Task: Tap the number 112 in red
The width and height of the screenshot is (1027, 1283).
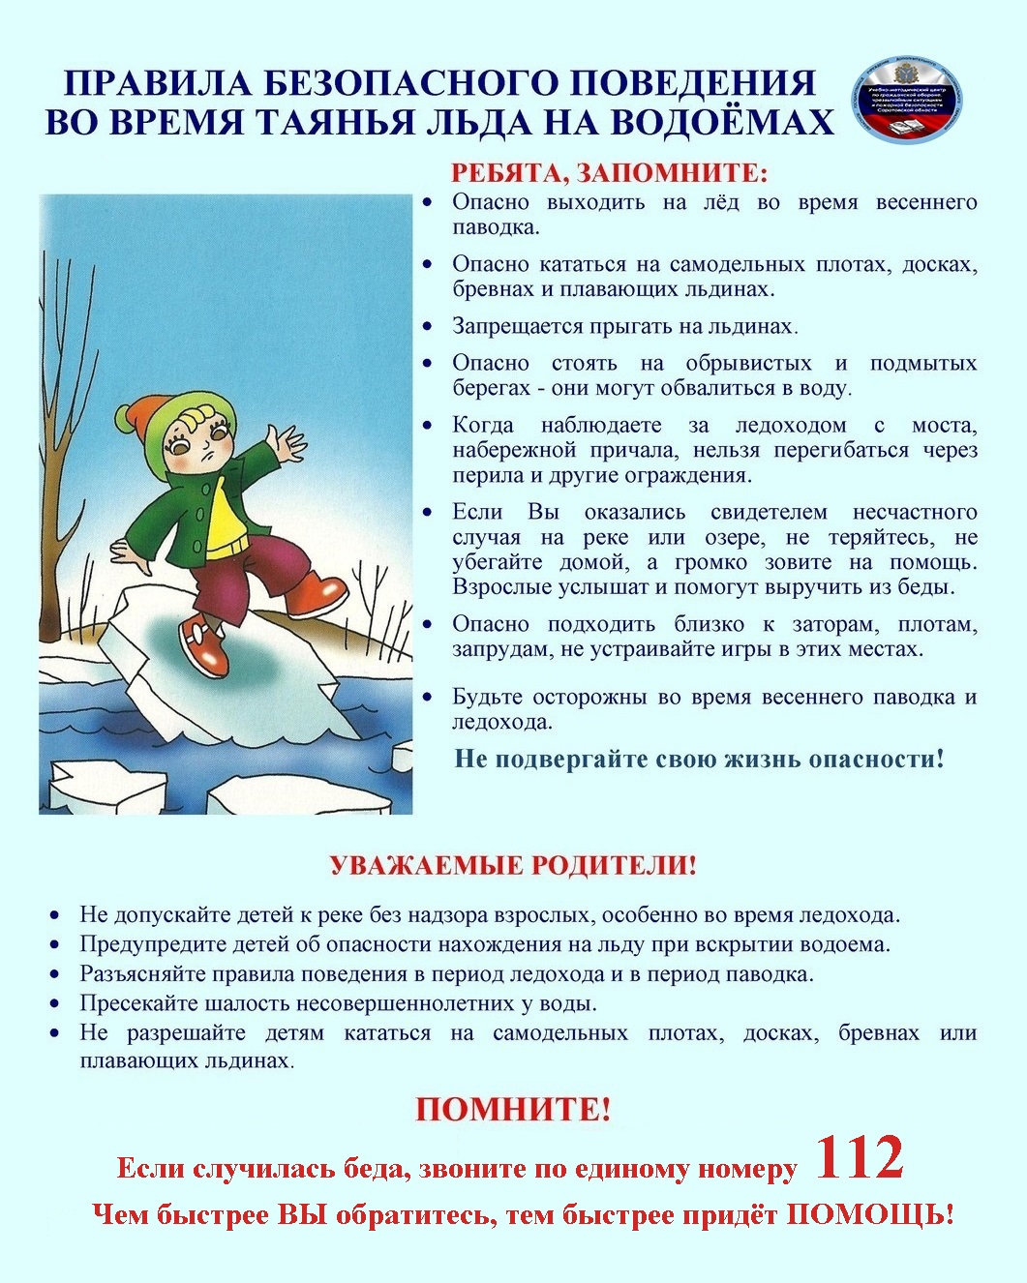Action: (x=860, y=1157)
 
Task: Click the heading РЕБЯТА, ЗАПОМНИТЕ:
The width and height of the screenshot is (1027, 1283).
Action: (x=609, y=173)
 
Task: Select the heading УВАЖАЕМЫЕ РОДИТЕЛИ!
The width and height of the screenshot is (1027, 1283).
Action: (x=513, y=864)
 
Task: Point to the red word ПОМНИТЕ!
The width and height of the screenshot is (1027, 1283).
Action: (x=513, y=1109)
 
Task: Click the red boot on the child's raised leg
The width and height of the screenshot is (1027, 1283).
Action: (x=317, y=592)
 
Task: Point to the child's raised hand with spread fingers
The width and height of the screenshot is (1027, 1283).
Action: (x=283, y=446)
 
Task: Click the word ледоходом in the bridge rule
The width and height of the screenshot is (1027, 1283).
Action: (x=790, y=425)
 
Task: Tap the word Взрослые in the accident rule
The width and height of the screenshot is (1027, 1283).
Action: (x=499, y=587)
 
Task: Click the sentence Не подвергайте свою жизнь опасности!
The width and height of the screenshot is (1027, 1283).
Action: (x=699, y=759)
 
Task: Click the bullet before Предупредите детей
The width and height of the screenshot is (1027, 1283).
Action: (x=56, y=944)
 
